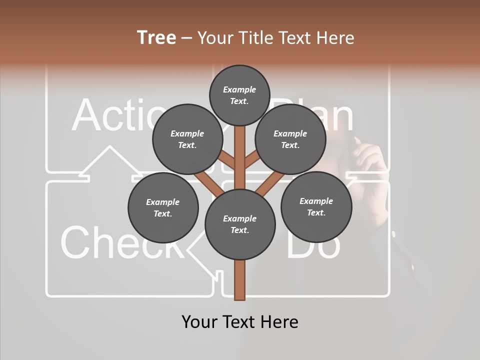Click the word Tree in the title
156,38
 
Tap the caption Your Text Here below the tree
239,321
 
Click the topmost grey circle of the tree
239,95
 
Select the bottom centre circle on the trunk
239,224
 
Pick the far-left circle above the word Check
163,207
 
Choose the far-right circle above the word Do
315,206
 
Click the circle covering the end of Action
187,139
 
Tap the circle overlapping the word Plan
290,139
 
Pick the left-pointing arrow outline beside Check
200,250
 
